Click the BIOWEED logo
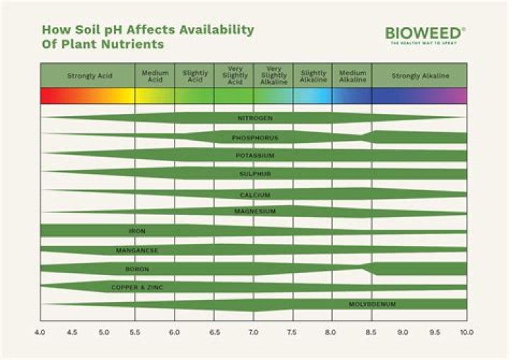point(425,33)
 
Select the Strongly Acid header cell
point(87,76)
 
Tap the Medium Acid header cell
point(155,76)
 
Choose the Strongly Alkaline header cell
point(419,76)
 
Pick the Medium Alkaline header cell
point(352,76)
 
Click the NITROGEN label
point(255,118)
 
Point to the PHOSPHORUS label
point(255,137)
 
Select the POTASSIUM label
point(255,156)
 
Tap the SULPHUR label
point(255,174)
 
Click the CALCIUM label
point(255,194)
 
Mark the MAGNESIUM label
point(255,211)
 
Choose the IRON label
point(137,231)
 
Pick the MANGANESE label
point(137,250)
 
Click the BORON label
point(137,269)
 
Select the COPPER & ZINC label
point(137,288)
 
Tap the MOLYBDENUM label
point(372,305)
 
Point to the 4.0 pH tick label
point(40,332)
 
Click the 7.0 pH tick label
point(254,332)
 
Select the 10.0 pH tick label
point(466,332)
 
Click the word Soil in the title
point(84,30)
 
